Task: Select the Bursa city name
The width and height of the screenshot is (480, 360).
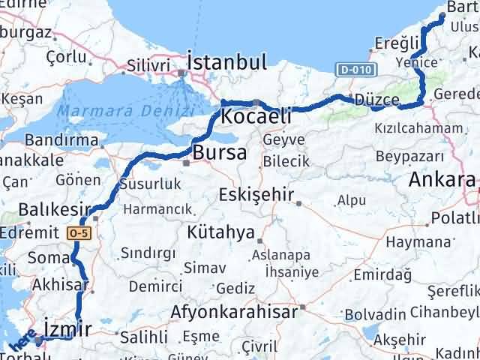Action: [x=219, y=153]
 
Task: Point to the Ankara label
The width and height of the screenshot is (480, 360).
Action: [x=442, y=180]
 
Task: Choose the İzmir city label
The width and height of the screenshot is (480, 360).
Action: [x=67, y=328]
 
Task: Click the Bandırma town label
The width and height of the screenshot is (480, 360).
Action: [x=57, y=140]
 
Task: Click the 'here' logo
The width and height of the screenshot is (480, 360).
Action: [x=22, y=343]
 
